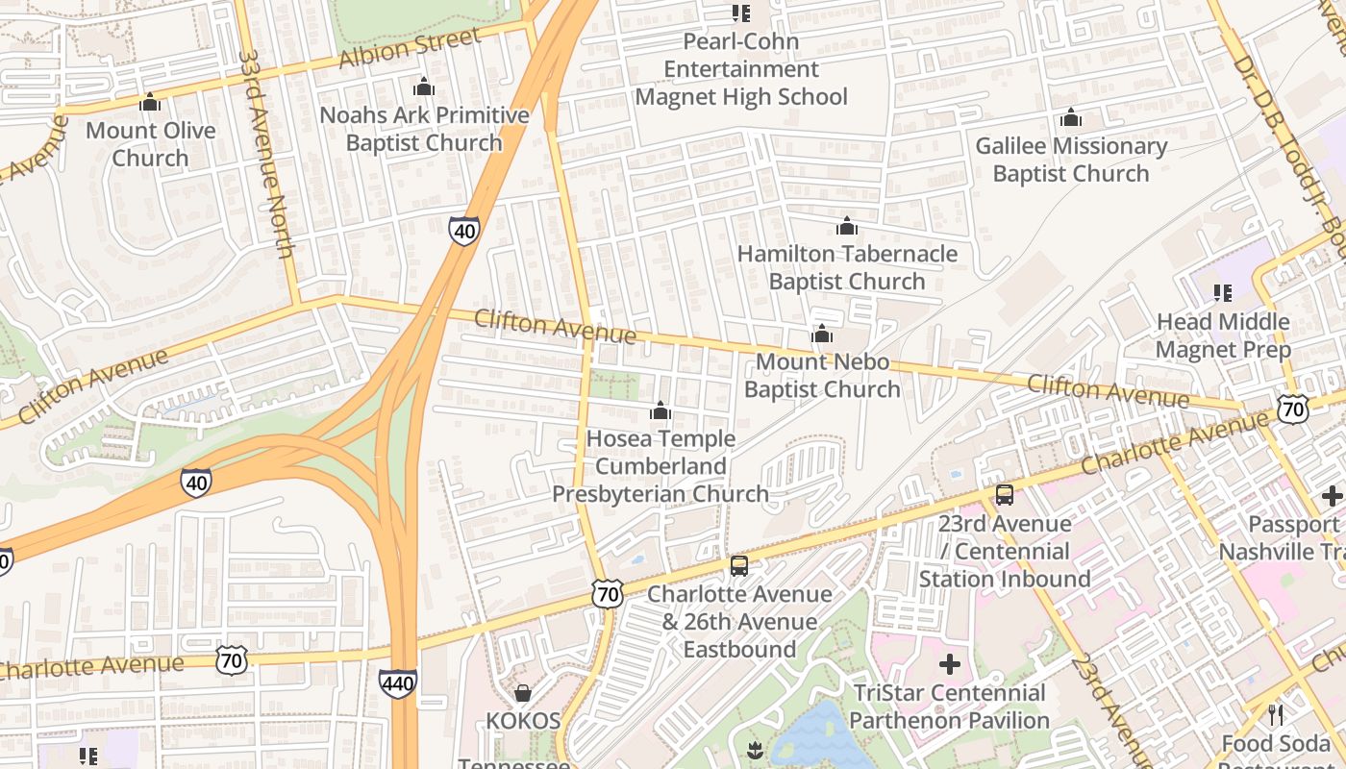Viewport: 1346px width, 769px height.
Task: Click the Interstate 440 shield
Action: [398, 683]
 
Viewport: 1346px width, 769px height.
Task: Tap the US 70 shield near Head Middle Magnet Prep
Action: [1293, 409]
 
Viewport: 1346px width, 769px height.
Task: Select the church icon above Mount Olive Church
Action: [150, 103]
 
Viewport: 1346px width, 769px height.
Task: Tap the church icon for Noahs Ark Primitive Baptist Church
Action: [424, 87]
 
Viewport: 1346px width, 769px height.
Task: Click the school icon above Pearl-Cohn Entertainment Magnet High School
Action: [740, 13]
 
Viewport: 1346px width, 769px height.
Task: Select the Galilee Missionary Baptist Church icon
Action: [1070, 118]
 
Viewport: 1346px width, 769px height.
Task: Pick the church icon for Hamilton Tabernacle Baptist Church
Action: [846, 227]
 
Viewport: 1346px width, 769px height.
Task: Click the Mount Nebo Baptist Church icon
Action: [822, 335]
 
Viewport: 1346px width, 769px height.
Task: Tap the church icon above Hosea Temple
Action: [661, 411]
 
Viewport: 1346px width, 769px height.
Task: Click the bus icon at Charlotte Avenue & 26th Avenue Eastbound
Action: [738, 566]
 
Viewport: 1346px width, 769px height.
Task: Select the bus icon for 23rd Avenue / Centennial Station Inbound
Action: [1004, 495]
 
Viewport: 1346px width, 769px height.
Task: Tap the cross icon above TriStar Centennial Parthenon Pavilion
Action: [949, 664]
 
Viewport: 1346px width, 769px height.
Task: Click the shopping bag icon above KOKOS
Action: [523, 693]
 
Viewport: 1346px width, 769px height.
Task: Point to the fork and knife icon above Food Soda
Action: [1275, 715]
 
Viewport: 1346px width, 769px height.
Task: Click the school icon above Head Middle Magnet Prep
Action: [1222, 292]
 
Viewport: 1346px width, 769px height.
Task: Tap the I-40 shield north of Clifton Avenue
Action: [463, 231]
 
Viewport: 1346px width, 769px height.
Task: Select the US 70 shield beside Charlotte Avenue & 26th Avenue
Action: [608, 594]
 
